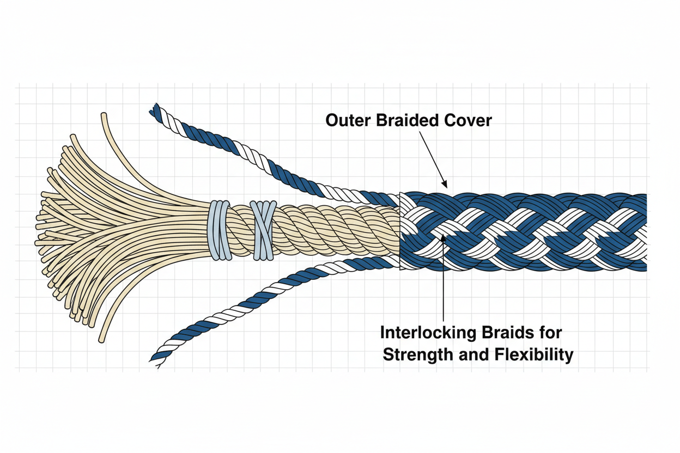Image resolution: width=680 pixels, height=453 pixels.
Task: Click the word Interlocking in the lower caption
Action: tap(426, 332)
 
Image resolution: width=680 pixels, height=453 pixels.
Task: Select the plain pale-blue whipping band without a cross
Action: tap(219, 229)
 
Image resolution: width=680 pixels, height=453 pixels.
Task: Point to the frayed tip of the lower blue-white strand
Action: tap(155, 360)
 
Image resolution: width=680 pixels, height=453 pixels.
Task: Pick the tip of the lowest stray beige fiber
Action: tap(101, 341)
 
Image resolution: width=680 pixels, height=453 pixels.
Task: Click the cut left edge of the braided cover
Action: tap(400, 231)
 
